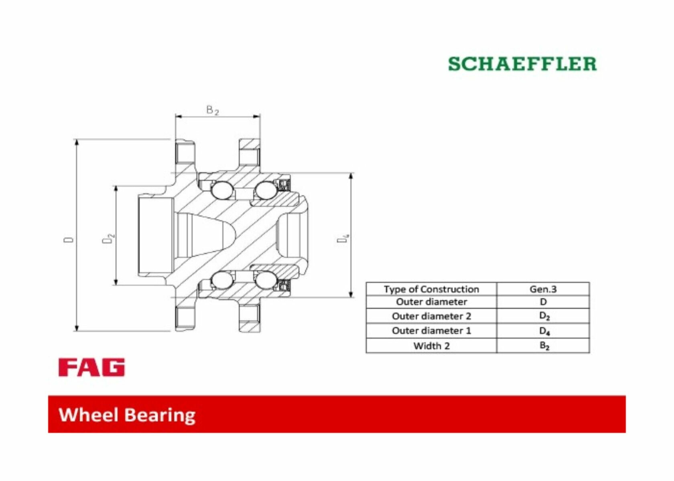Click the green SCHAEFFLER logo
tap(522, 64)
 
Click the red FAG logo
tap(91, 367)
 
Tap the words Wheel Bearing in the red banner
tap(127, 415)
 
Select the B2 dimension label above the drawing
tap(213, 110)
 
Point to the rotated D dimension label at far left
tap(69, 240)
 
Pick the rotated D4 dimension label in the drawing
tap(343, 238)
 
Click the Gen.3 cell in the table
tap(543, 289)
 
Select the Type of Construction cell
tap(431, 289)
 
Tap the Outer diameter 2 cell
tap(431, 316)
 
